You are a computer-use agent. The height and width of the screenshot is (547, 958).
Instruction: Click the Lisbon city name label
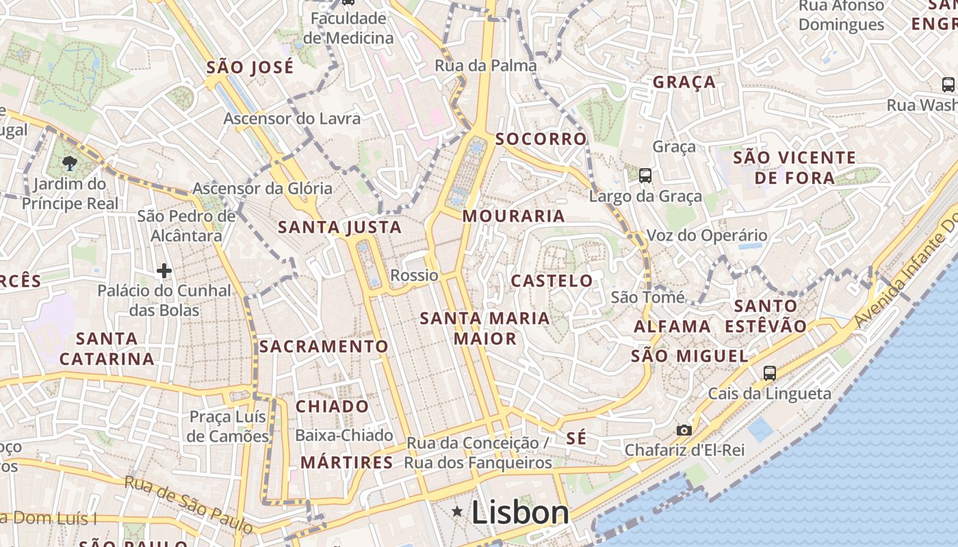520,512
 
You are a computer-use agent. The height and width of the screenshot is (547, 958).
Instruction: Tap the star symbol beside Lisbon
457,511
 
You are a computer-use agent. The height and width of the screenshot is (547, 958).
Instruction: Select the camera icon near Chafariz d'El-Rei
684,430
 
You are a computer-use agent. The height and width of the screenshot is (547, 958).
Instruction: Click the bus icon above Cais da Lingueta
770,373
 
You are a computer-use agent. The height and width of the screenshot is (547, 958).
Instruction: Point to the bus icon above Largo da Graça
645,176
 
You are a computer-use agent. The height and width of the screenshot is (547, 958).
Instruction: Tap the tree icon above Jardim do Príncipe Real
68,163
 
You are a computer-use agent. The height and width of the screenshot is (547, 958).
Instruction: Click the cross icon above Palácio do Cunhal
164,271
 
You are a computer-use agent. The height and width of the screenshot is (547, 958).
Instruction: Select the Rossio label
414,276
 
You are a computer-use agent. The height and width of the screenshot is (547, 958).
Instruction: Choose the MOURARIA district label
514,217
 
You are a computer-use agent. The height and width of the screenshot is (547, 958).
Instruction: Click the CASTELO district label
552,281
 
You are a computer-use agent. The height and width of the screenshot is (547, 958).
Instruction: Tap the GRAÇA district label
684,83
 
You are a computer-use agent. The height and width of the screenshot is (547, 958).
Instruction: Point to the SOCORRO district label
541,139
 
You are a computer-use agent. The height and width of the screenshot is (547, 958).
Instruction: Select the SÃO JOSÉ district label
250,68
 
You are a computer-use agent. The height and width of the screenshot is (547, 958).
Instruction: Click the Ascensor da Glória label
263,188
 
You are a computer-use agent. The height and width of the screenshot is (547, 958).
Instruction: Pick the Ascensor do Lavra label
292,118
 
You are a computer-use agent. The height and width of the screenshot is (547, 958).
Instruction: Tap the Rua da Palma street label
486,66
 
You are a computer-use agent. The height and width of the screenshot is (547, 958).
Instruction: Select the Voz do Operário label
707,236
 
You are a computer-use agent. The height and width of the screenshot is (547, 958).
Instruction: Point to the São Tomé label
647,297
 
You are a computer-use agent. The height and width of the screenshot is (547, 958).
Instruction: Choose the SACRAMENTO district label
324,347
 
